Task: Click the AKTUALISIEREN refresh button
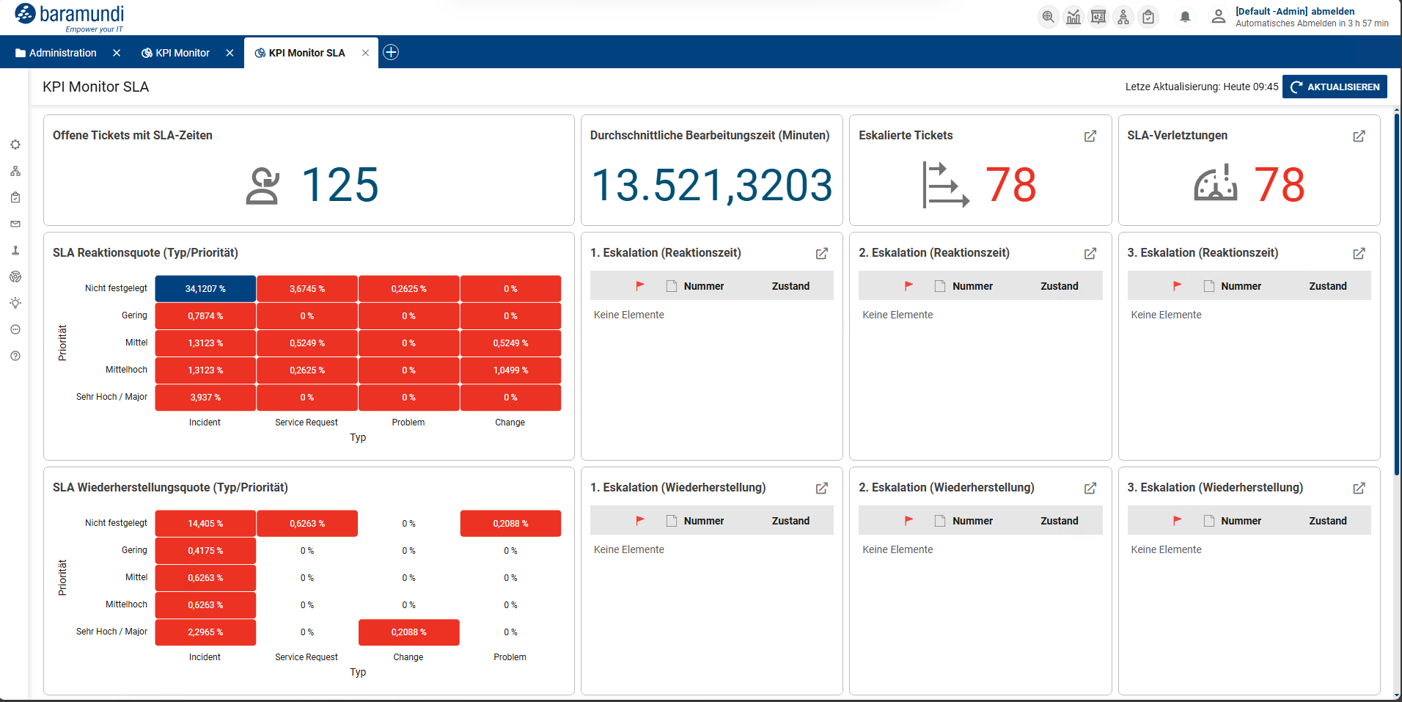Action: point(1334,87)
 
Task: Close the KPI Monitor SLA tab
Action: point(365,53)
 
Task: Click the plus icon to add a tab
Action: point(391,52)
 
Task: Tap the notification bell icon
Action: point(1184,17)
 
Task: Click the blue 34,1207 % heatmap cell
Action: point(205,289)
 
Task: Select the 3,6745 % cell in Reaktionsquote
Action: point(307,289)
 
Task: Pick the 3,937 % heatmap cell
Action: point(205,398)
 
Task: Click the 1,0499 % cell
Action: point(510,370)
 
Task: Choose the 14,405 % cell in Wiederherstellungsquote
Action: point(205,524)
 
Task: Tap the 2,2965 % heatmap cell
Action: point(205,632)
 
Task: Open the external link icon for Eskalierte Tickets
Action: point(1090,136)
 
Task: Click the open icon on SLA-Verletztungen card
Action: point(1359,136)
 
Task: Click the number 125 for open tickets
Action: point(340,184)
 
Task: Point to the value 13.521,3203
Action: point(711,185)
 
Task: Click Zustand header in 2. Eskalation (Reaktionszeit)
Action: point(1059,286)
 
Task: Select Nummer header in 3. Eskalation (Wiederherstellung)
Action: point(1241,521)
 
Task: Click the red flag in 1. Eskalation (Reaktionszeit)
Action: point(639,286)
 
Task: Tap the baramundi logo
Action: point(70,16)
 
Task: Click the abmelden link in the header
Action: point(1332,11)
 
